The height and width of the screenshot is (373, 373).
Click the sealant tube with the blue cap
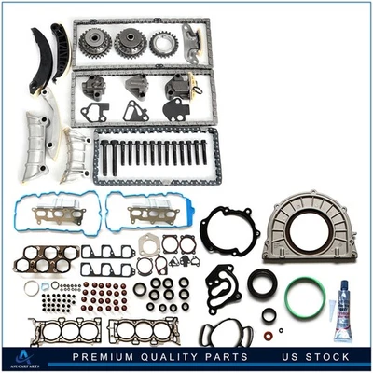(x=343, y=310)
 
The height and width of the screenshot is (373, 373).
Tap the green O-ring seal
(x=305, y=297)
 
